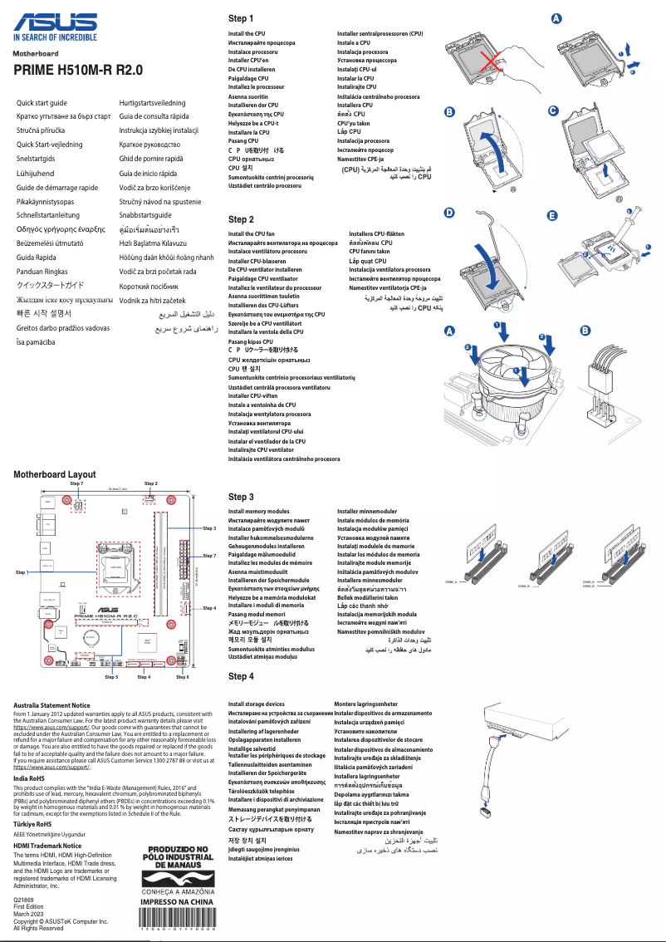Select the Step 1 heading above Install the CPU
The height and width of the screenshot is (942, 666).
coord(241,18)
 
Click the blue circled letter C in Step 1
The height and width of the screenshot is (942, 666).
coord(554,111)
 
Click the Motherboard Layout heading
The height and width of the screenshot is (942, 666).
coord(54,474)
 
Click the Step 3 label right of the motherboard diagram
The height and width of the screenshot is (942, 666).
coord(208,527)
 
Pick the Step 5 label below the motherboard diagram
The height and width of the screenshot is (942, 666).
coord(111,677)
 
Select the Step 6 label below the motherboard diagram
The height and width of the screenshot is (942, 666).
coord(183,677)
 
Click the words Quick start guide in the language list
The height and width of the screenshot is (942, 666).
coord(42,102)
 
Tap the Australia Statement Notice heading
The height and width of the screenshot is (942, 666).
coord(51,705)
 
